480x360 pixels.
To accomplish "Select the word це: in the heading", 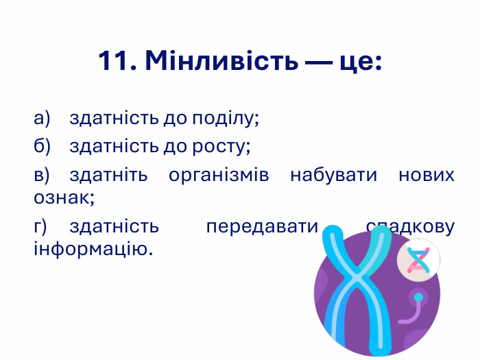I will click(358, 62).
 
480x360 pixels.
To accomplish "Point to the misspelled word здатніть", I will click(108, 175).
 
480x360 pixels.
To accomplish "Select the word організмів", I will click(219, 175).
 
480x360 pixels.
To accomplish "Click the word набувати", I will click(334, 175).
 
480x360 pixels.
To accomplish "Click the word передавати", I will click(263, 226).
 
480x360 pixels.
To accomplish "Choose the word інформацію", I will click(93, 249).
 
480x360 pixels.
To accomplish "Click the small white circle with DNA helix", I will click(418, 261).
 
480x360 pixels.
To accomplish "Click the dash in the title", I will click(318, 62).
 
